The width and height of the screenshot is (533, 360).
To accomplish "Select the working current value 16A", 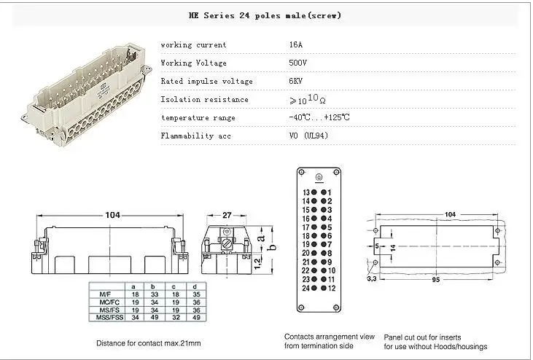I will (x=297, y=45).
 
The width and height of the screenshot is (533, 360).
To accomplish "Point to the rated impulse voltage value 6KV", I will (x=297, y=81).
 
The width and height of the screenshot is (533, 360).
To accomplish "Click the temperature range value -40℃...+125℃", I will (x=319, y=117).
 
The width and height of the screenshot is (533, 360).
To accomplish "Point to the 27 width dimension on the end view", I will (x=226, y=215).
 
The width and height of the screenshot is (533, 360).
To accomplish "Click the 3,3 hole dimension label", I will (x=372, y=278).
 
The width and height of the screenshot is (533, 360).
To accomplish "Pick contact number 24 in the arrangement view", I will (x=306, y=288).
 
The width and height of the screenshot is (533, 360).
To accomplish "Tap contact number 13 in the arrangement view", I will (x=306, y=192).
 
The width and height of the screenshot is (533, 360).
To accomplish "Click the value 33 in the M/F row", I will (x=152, y=293).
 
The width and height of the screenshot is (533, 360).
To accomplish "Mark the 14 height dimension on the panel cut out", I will (x=393, y=248).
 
